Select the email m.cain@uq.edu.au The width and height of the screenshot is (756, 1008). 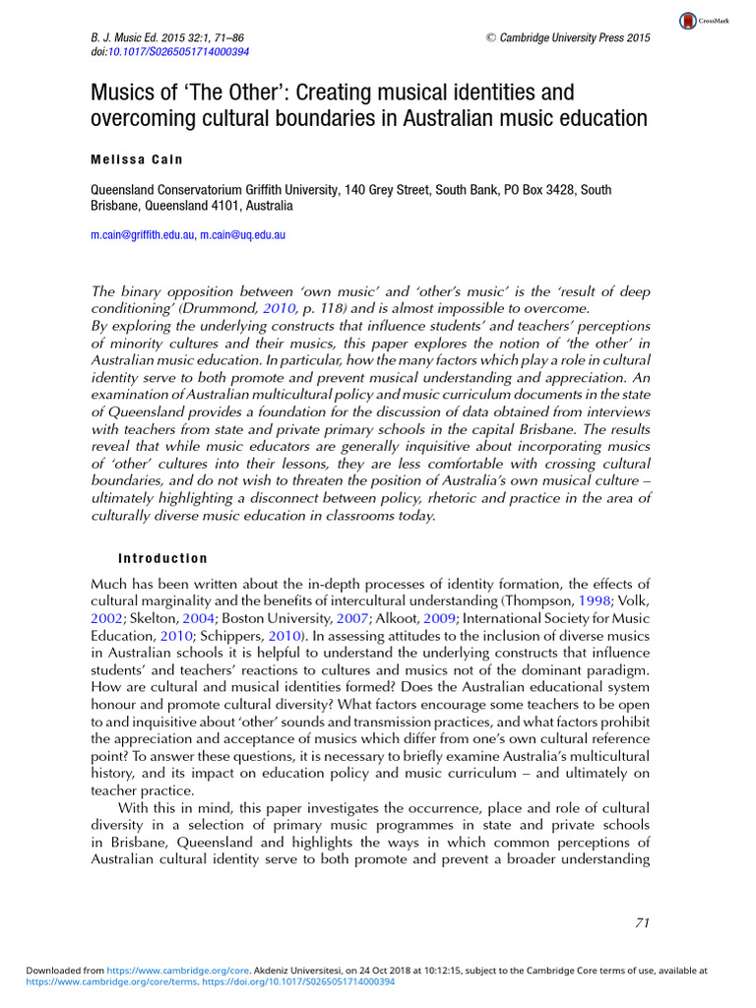tap(242, 235)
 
